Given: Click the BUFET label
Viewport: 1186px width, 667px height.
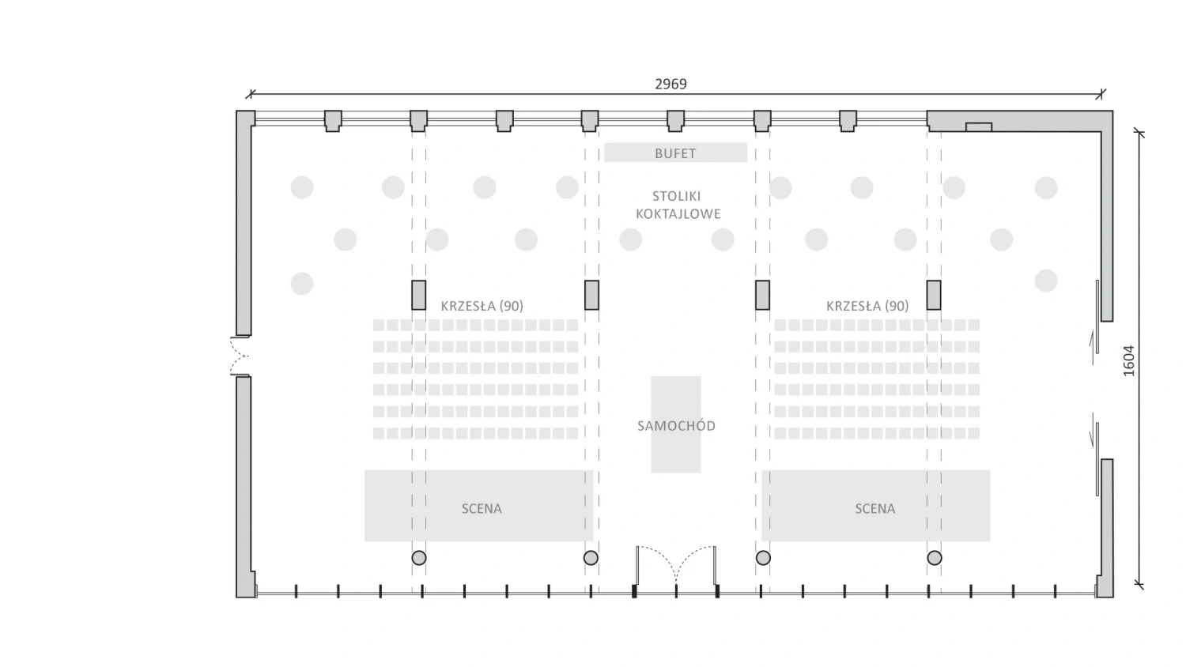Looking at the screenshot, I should tap(675, 153).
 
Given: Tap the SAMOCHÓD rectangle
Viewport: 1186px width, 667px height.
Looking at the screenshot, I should tap(676, 424).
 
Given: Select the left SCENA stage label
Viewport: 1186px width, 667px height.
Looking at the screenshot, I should tap(482, 509).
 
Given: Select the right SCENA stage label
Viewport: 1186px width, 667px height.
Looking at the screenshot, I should tap(874, 509).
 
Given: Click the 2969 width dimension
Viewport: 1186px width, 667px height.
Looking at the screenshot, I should tap(670, 84).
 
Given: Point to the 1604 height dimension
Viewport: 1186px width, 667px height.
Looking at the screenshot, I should tap(1128, 360).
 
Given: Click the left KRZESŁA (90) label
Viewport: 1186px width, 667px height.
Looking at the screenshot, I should tap(482, 306).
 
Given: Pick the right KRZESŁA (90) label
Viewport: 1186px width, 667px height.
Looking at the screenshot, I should tap(867, 306).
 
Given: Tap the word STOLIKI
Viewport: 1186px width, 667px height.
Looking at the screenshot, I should tap(676, 196).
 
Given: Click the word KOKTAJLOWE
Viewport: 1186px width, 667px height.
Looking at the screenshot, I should tap(678, 213).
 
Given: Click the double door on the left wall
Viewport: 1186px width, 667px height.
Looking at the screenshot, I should tap(240, 356).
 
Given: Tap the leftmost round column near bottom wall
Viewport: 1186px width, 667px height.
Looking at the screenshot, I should tap(419, 558).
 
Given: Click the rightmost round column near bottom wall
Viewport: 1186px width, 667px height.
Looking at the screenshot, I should tap(935, 558).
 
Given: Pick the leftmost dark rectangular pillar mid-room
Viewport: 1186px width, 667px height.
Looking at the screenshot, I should tap(419, 295).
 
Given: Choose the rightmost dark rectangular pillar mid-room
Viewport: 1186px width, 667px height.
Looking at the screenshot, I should tap(934, 295).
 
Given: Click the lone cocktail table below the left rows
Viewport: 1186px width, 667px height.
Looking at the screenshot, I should tap(302, 283).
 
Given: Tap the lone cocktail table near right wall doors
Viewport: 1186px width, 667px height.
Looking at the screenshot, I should tap(1046, 281).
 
